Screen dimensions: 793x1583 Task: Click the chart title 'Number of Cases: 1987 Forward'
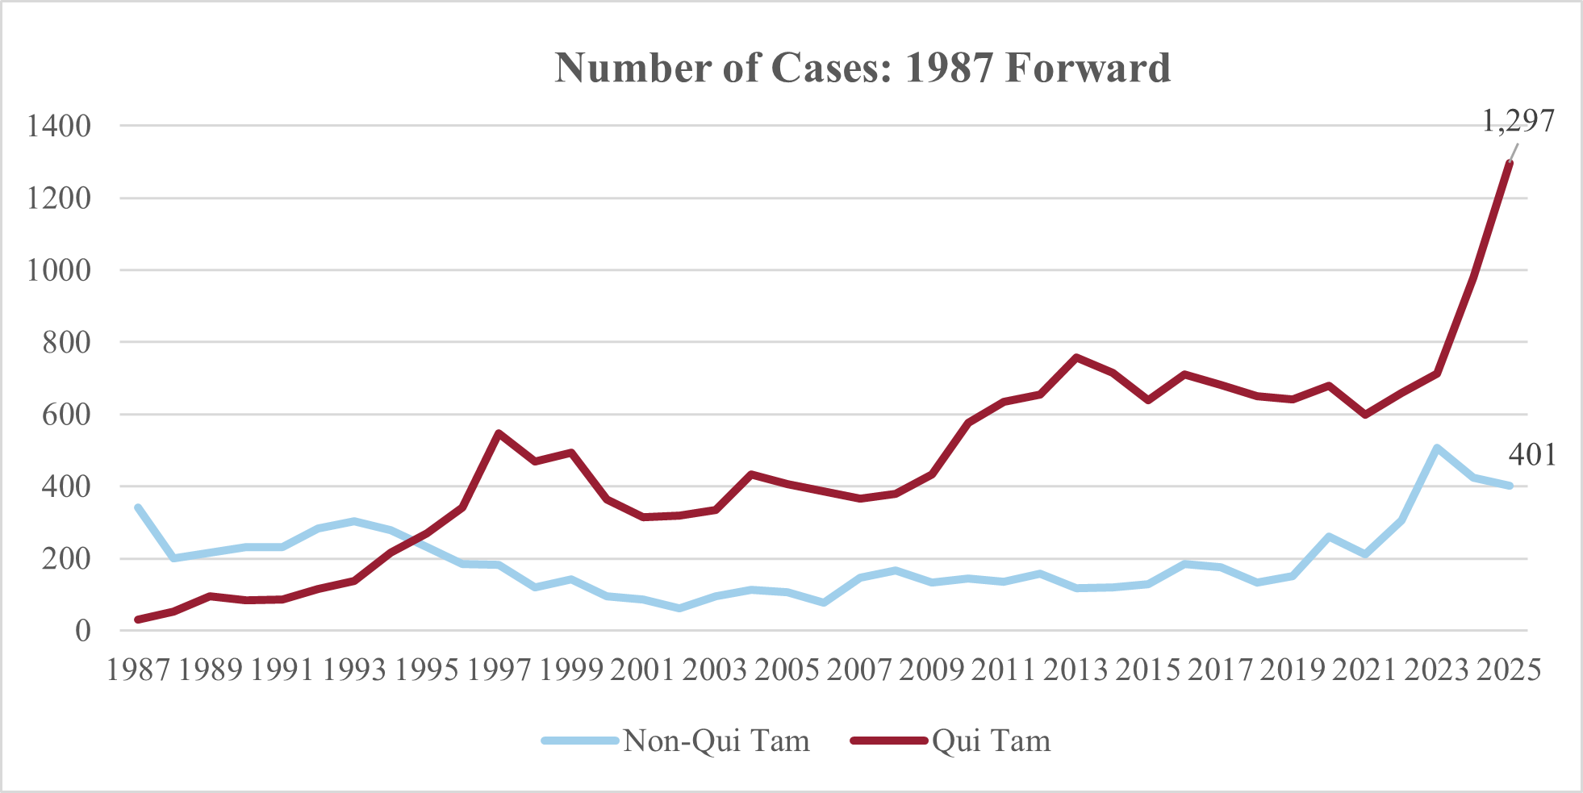[x=863, y=68]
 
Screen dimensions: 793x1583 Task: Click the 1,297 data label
[x=1518, y=120]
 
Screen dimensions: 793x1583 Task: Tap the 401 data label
[x=1531, y=455]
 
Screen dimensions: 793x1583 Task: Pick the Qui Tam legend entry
[x=952, y=741]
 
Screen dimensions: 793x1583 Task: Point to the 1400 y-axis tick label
[x=59, y=126]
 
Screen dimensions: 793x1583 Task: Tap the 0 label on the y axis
[x=83, y=631]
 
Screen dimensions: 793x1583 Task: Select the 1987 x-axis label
[x=138, y=670]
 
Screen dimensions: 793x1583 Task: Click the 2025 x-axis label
[x=1509, y=670]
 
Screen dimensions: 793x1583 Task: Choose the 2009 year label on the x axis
[x=931, y=670]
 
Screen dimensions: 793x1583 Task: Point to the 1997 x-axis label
[x=499, y=670]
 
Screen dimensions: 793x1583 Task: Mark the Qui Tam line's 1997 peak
[x=499, y=433]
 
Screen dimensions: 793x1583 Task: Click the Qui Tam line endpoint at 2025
[x=1509, y=163]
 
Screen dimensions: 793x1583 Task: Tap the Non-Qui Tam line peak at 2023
[x=1437, y=448]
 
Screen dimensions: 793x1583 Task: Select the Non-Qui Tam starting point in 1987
[x=138, y=507]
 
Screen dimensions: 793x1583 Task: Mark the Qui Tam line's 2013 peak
[x=1076, y=357]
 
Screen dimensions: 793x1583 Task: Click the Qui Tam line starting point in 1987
[x=138, y=620]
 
